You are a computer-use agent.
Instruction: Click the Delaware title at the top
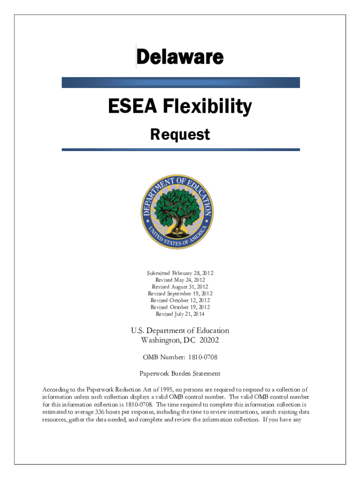180,58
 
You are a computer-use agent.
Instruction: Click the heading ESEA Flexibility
180,108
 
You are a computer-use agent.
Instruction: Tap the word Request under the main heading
180,135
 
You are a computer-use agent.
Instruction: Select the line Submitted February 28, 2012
180,273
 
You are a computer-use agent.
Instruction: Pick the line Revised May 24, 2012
180,280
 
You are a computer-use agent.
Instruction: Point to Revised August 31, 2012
180,287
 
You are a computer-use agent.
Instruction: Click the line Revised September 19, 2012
180,293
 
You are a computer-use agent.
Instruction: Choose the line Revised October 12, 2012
180,300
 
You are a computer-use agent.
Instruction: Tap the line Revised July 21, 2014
180,314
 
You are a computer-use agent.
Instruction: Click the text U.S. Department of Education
180,331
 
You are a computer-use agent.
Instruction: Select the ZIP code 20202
209,340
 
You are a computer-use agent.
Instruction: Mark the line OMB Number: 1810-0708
180,357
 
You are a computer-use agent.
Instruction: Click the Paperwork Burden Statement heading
180,374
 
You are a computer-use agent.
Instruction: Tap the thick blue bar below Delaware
180,83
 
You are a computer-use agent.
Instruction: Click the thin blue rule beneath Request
180,150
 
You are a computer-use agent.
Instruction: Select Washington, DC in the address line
167,340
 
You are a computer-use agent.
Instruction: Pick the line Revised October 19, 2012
180,307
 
